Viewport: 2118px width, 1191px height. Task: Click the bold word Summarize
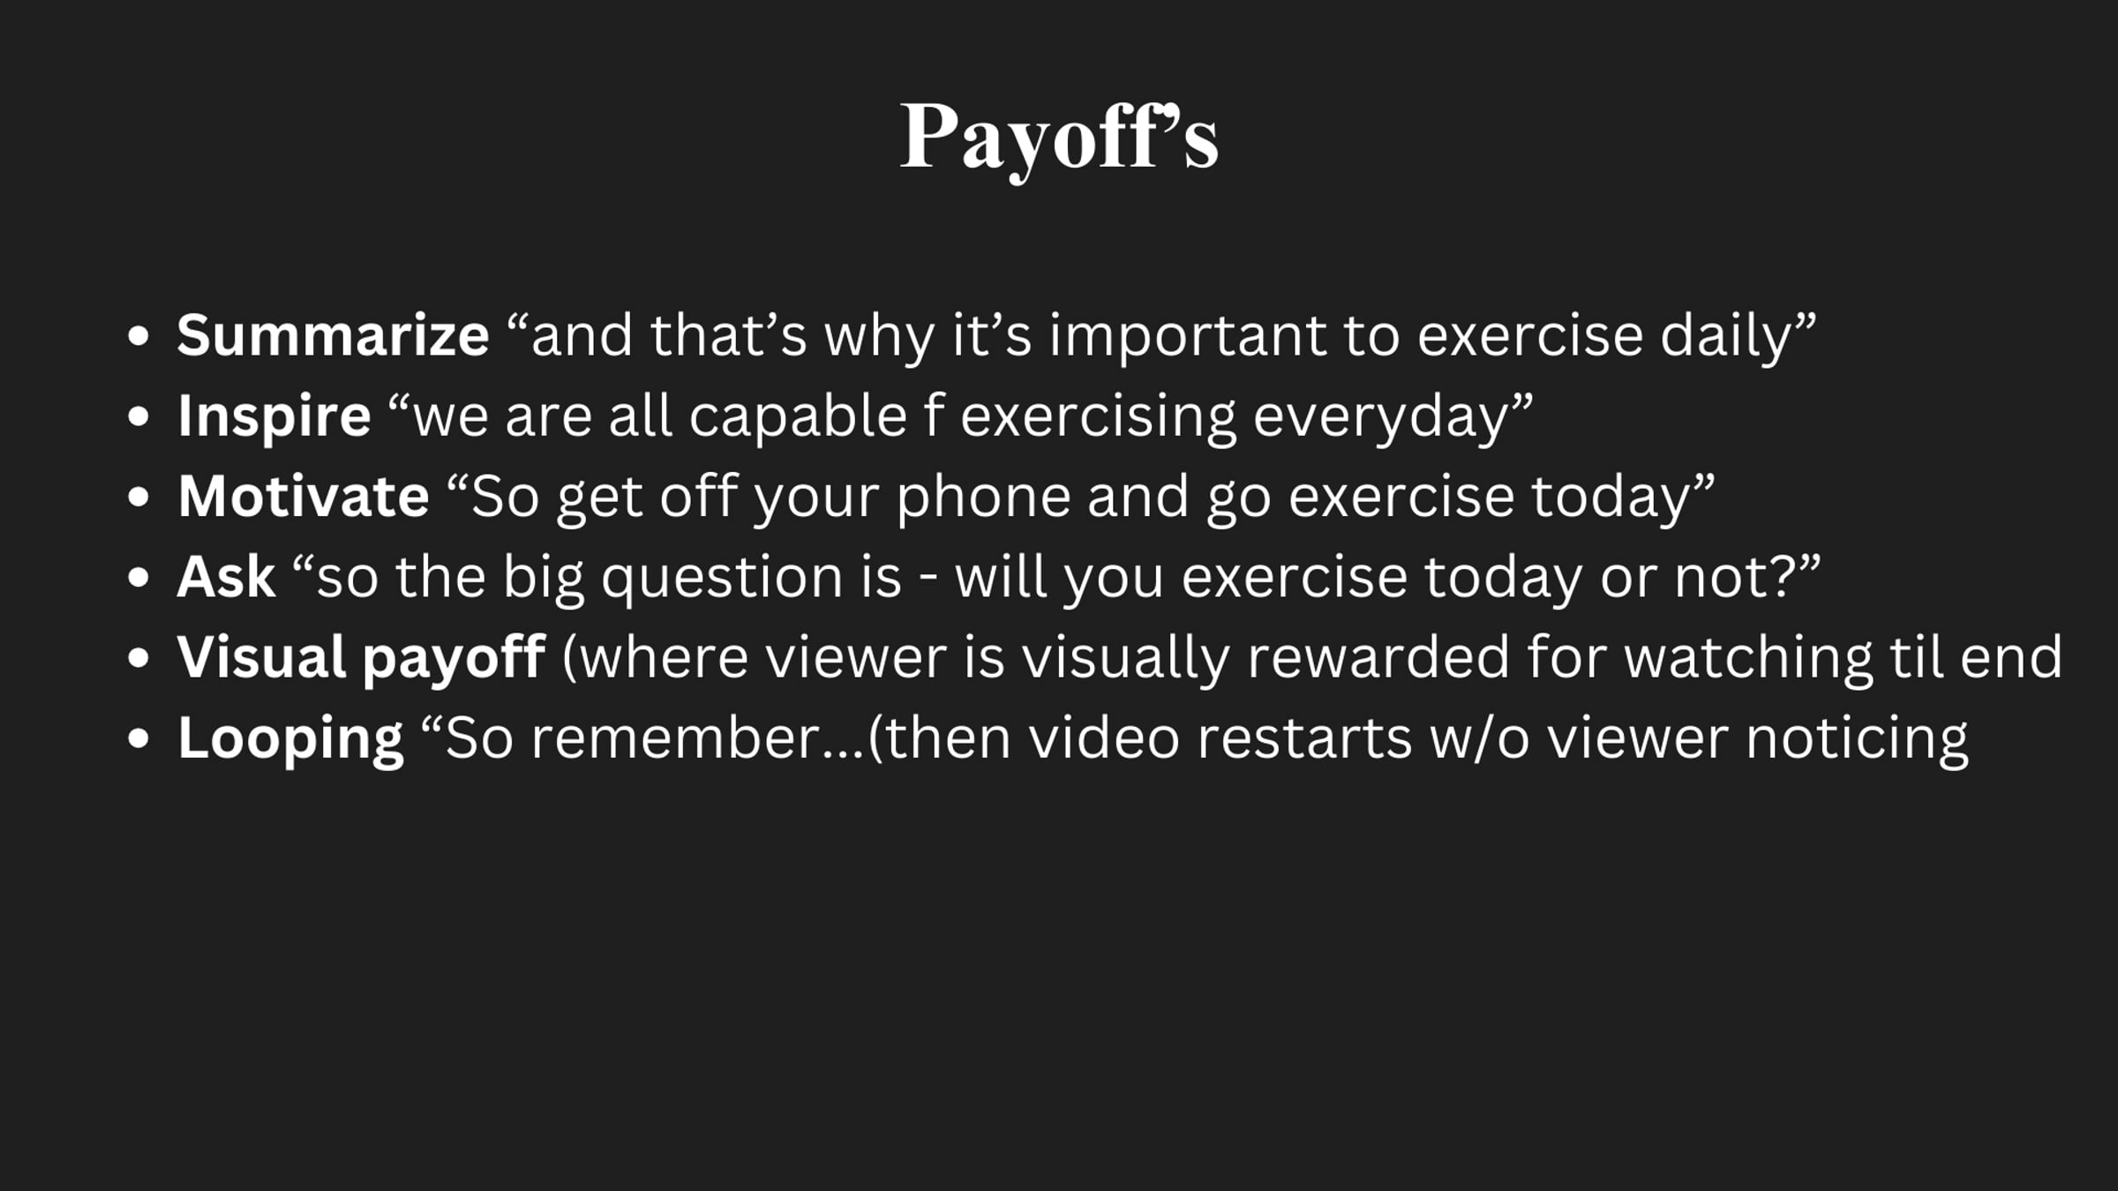coord(333,335)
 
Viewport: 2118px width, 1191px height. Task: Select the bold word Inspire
coord(274,416)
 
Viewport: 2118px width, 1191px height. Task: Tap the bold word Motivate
coord(304,496)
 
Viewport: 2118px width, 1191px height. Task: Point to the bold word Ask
coord(227,577)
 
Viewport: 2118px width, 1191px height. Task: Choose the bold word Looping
coord(290,739)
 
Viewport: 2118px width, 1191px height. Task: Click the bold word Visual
coord(261,657)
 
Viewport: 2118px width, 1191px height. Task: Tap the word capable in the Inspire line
coord(798,416)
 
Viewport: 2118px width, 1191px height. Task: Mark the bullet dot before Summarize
coord(139,336)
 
